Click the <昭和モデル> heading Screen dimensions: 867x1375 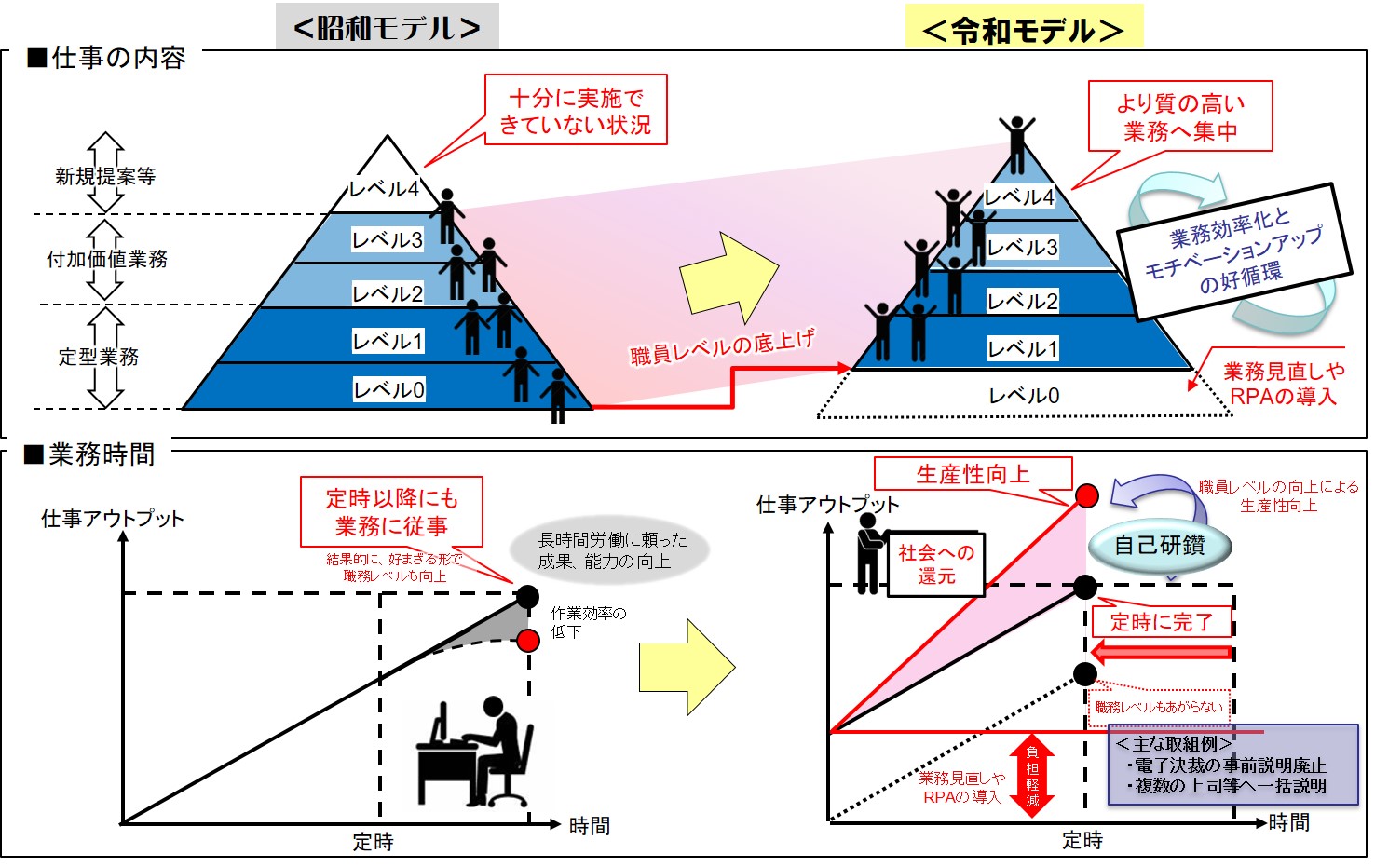click(x=387, y=27)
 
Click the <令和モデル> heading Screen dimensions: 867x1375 click(x=1023, y=30)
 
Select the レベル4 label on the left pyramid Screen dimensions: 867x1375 click(x=384, y=188)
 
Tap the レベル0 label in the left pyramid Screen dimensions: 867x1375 click(x=388, y=389)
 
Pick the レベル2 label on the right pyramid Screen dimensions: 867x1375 click(x=1022, y=301)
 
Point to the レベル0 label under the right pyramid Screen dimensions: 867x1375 click(x=1024, y=396)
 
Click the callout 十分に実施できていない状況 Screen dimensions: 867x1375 click(x=576, y=110)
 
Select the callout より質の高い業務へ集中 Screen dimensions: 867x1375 click(x=1180, y=116)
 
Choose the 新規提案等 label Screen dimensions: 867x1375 click(x=105, y=176)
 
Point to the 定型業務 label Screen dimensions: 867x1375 click(x=99, y=357)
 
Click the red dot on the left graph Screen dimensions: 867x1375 click(x=528, y=640)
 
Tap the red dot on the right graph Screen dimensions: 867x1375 click(x=1086, y=495)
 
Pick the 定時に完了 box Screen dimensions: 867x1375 click(x=1161, y=622)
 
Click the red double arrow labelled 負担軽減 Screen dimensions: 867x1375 click(x=1031, y=776)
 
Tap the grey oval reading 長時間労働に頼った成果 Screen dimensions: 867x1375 click(x=610, y=550)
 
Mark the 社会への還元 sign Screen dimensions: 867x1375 click(x=935, y=564)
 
